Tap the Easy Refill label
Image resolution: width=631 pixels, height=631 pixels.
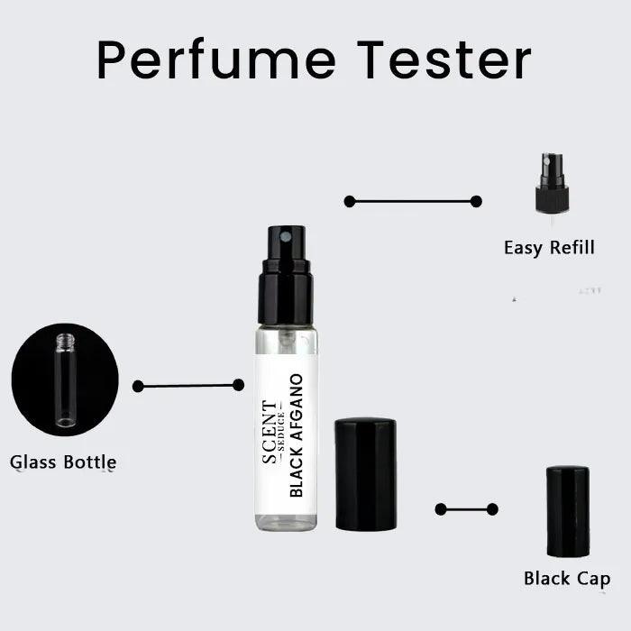coord(549,247)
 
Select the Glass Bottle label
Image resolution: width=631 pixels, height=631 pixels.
coord(63,462)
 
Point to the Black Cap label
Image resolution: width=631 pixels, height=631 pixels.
coord(567,579)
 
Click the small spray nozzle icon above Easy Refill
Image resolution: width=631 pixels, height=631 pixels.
coord(551,186)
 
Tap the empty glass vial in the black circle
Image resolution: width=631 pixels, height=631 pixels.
coord(65,379)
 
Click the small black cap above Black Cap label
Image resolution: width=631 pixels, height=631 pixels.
coord(568,510)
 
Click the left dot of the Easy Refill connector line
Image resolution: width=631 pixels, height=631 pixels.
coord(350,201)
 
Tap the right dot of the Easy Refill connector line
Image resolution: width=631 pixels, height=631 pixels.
coord(476,201)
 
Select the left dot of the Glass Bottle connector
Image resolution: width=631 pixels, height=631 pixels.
coord(138,386)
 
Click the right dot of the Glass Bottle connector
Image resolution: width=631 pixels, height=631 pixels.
coord(238,385)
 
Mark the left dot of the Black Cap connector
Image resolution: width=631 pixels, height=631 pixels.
coord(441,509)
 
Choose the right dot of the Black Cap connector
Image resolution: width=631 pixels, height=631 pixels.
coord(492,509)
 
